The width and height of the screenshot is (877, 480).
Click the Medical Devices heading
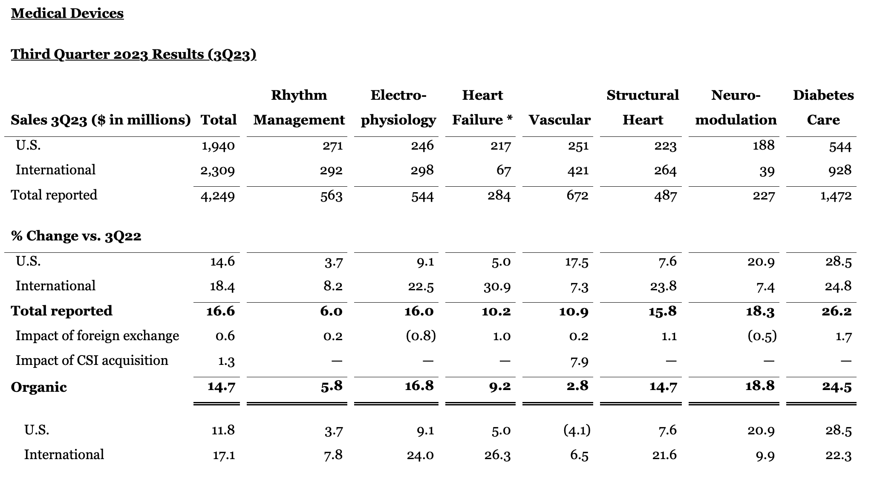[67, 13]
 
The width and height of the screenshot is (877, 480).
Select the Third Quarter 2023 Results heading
[134, 55]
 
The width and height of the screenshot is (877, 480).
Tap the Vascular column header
[560, 120]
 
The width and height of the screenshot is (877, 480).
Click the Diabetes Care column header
[823, 107]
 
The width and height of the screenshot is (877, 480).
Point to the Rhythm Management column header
[299, 107]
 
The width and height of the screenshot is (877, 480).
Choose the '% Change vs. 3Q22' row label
[76, 236]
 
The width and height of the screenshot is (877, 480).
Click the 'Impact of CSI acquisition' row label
[92, 361]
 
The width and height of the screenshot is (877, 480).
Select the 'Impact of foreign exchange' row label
[97, 336]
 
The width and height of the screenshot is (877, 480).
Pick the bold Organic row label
[39, 387]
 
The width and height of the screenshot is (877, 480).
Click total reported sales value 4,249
[217, 196]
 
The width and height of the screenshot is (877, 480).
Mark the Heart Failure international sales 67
[503, 171]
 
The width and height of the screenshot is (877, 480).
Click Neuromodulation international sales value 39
[767, 171]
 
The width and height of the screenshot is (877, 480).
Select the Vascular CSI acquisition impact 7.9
[580, 361]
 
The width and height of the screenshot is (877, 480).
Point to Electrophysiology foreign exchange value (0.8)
[420, 336]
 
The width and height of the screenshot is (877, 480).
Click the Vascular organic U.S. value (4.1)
[577, 430]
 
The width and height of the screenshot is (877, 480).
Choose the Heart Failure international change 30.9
[497, 286]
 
